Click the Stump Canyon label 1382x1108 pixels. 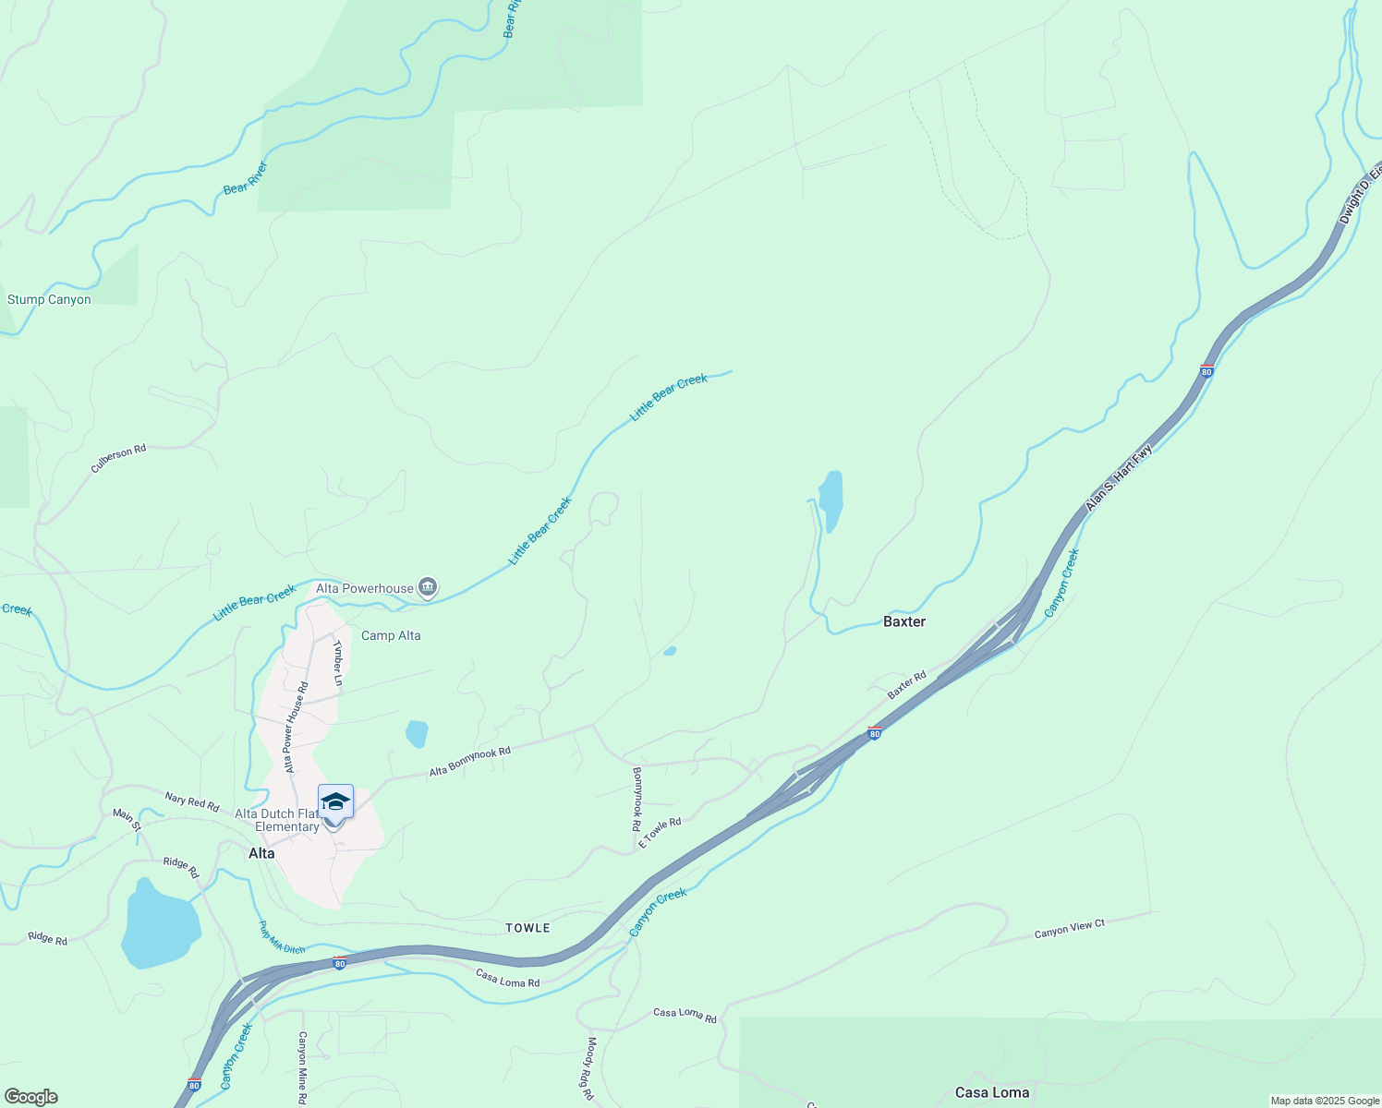click(x=49, y=299)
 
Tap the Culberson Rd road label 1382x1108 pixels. click(x=118, y=459)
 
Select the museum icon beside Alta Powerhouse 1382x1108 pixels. click(x=427, y=587)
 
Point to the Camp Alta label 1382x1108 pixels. click(x=391, y=635)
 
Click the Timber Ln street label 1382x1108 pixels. click(x=338, y=663)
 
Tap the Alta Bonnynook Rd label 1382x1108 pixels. click(x=469, y=762)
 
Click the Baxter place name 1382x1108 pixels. click(x=903, y=621)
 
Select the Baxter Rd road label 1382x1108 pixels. click(x=906, y=684)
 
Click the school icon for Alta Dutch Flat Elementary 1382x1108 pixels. click(x=335, y=801)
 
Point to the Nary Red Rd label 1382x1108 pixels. click(x=192, y=801)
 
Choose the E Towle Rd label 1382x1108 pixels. click(x=660, y=832)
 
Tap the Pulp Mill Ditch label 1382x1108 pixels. click(x=281, y=937)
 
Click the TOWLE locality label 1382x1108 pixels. click(x=527, y=928)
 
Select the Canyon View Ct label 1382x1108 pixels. click(x=1069, y=929)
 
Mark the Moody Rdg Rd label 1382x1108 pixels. click(x=588, y=1067)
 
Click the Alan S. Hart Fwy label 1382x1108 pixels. click(x=1119, y=478)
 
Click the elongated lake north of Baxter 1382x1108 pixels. click(x=830, y=500)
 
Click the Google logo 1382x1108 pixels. click(x=30, y=1097)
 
